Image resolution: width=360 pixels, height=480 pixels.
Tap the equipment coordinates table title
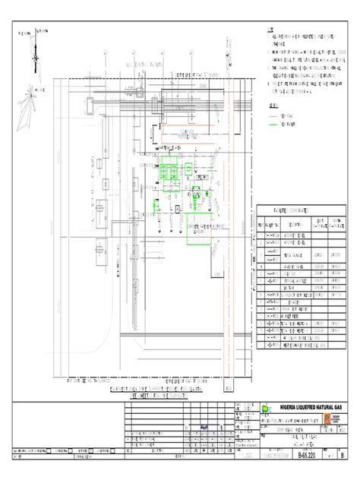(x=292, y=208)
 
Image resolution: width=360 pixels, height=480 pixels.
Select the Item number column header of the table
(x=261, y=226)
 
